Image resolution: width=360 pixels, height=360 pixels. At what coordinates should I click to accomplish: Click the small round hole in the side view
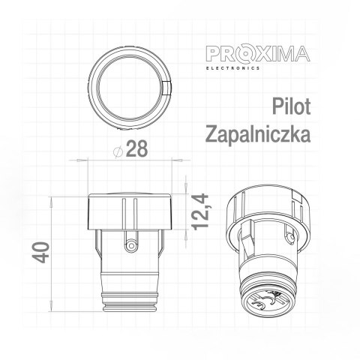pyautogui.click(x=133, y=244)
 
